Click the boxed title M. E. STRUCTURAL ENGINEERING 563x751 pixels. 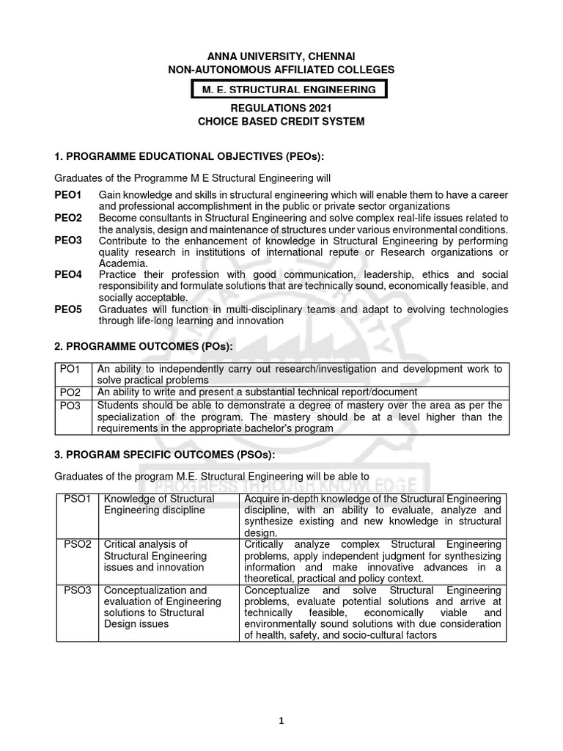click(x=284, y=89)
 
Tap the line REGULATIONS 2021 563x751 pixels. click(x=281, y=109)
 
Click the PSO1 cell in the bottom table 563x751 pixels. click(x=77, y=499)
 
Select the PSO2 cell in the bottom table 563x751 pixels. click(x=77, y=544)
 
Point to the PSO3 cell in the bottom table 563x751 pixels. click(x=77, y=590)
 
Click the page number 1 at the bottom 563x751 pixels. click(x=281, y=721)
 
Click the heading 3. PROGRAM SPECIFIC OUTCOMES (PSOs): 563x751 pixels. click(x=165, y=455)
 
